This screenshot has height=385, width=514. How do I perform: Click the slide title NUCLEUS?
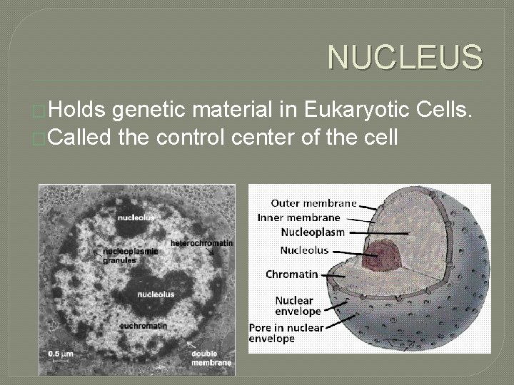pos(405,58)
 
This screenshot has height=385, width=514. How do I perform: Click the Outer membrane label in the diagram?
pos(313,203)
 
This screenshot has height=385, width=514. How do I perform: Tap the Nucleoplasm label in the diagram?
pos(313,232)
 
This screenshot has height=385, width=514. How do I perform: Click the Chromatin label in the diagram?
pos(292,274)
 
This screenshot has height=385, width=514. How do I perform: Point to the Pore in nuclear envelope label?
pos(286,333)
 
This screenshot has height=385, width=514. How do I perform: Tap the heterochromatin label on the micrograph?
pos(201,243)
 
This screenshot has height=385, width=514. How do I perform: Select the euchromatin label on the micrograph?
pos(143,325)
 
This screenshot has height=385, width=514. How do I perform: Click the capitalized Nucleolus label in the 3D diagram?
pos(304,250)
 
